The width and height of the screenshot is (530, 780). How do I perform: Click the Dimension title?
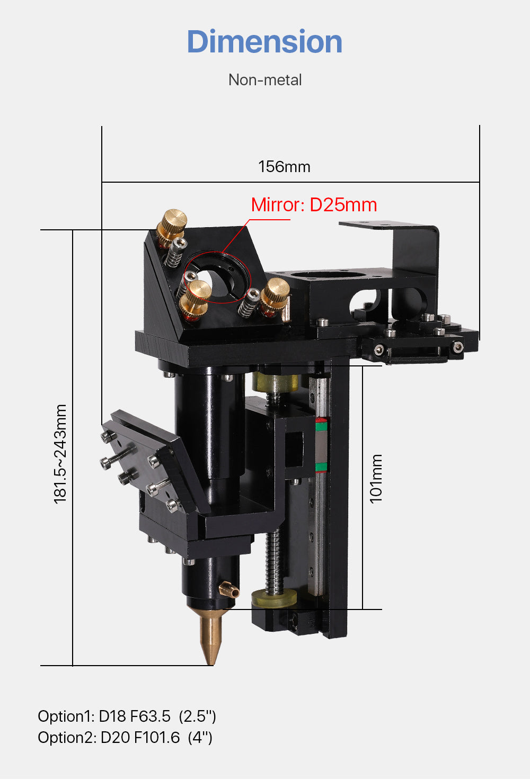pyautogui.click(x=264, y=42)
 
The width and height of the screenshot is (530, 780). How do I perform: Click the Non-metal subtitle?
pyautogui.click(x=265, y=80)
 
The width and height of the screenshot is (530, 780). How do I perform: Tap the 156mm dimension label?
pyautogui.click(x=284, y=167)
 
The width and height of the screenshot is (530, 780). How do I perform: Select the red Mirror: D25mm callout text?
pyautogui.click(x=314, y=205)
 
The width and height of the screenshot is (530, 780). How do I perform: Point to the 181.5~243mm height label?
pyautogui.click(x=60, y=454)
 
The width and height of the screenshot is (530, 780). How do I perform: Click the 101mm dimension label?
pyautogui.click(x=376, y=478)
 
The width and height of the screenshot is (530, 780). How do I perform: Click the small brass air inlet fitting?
pyautogui.click(x=229, y=590)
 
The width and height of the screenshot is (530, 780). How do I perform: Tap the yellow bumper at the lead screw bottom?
pyautogui.click(x=276, y=599)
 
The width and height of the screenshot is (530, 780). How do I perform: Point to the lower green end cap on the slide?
pyautogui.click(x=321, y=467)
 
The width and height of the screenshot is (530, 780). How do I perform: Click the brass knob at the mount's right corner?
pyautogui.click(x=276, y=293)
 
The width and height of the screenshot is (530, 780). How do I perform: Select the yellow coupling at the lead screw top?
pyautogui.click(x=275, y=382)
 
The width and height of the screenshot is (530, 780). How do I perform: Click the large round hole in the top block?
pyautogui.click(x=317, y=276)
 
